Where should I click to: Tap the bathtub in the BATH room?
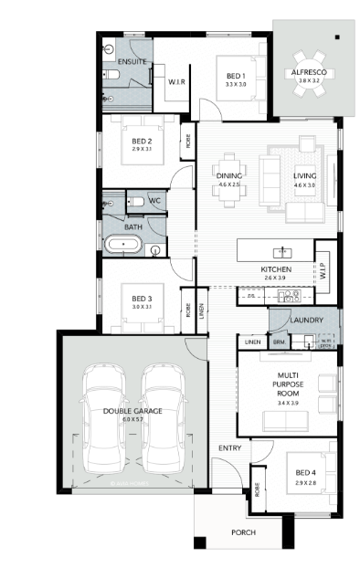(122, 245)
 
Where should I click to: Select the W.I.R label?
(177, 81)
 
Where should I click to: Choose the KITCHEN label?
(275, 270)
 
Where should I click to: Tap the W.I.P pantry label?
(323, 271)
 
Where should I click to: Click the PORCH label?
(242, 532)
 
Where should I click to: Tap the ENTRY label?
(228, 447)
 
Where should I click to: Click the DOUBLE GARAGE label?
(132, 412)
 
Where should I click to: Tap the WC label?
(154, 200)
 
